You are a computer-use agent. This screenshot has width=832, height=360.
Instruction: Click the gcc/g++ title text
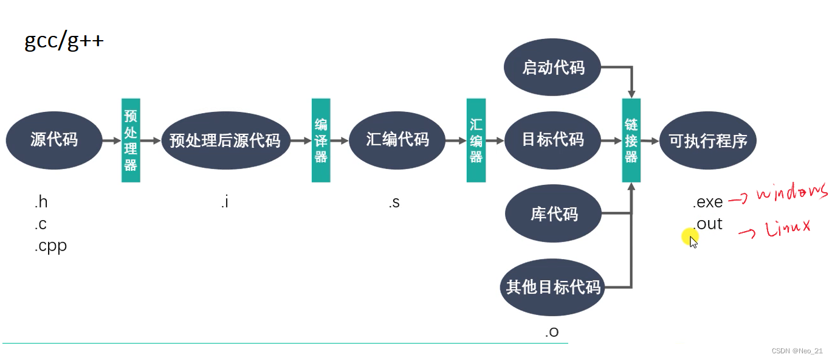tap(64, 41)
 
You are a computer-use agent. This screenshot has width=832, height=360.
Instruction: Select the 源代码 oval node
tap(54, 140)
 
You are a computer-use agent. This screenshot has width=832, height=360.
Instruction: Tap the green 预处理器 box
tap(131, 140)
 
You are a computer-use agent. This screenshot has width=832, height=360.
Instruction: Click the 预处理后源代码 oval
tap(225, 140)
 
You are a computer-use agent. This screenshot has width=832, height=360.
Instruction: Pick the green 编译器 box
tap(321, 140)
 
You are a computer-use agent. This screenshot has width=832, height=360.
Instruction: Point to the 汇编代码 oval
tap(397, 140)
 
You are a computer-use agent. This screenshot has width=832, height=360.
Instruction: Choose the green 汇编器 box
tap(476, 140)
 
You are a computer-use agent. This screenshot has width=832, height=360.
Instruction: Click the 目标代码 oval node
tap(552, 140)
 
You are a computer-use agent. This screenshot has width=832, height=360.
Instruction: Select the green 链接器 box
tap(631, 140)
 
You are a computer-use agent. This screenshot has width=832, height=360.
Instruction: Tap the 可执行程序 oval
tap(707, 140)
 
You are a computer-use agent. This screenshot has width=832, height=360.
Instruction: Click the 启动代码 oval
tap(552, 67)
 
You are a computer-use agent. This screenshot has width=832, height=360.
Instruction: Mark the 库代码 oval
tap(553, 214)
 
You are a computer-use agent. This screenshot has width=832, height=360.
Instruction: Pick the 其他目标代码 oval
tap(552, 286)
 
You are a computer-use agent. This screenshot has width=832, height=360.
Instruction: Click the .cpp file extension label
tap(50, 246)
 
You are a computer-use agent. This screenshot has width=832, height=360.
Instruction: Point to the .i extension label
tap(225, 202)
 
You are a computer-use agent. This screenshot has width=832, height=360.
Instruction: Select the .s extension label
tap(394, 202)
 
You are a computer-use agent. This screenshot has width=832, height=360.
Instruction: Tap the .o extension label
tap(552, 331)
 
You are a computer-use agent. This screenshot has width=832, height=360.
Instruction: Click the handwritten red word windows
tap(792, 192)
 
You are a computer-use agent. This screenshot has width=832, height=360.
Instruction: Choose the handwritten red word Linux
tap(788, 227)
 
